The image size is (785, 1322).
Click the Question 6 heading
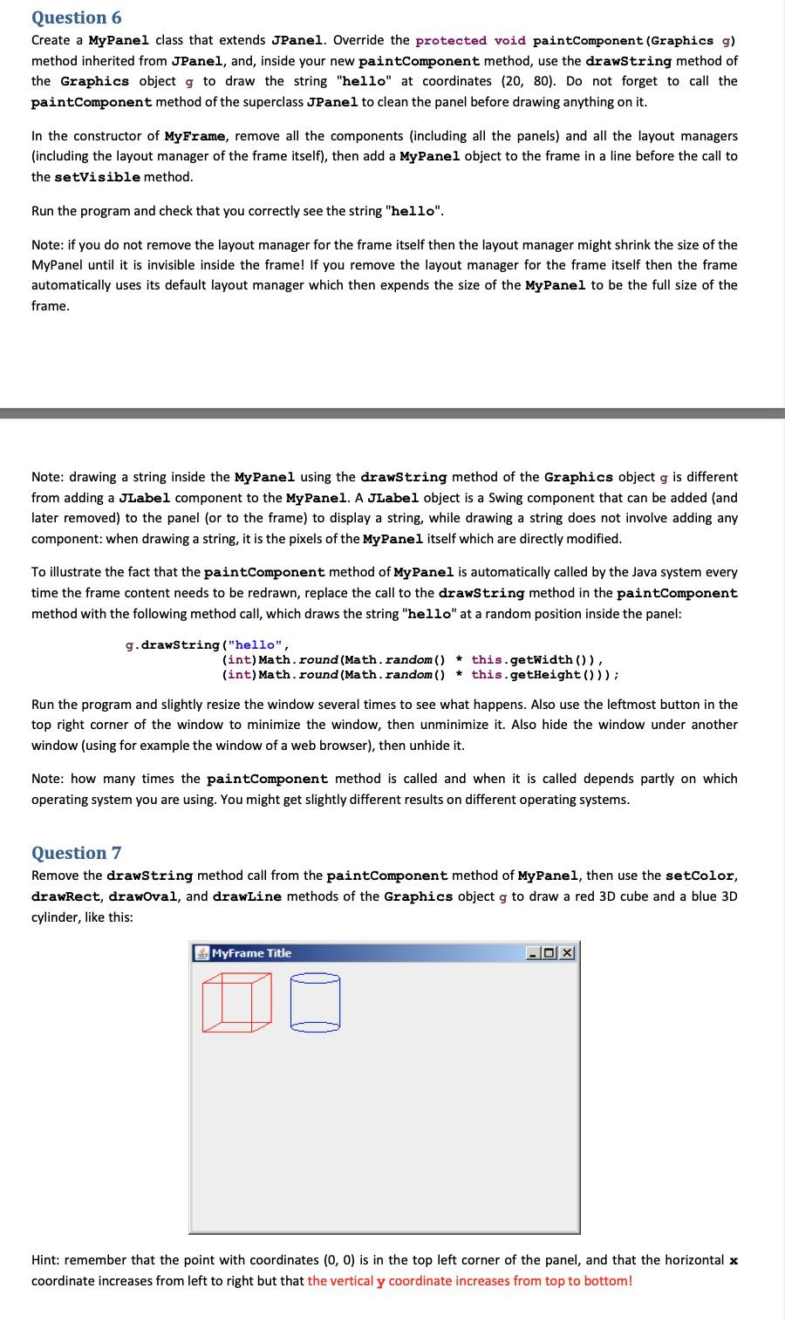click(77, 17)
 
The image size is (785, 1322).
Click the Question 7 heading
click(77, 853)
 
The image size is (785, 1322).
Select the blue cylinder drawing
click(315, 1002)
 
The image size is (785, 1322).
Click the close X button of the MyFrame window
click(568, 953)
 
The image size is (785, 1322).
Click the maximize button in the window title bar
click(551, 953)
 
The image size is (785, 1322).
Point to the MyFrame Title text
click(251, 953)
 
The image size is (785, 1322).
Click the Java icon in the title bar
click(201, 953)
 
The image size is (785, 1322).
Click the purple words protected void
click(471, 41)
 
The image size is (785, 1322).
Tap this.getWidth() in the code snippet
click(534, 659)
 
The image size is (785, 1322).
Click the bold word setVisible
click(97, 177)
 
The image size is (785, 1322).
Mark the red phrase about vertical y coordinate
click(469, 1281)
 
